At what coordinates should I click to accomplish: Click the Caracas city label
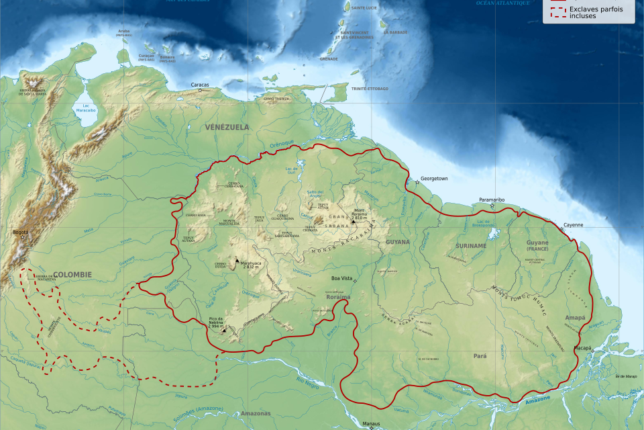(x=200, y=85)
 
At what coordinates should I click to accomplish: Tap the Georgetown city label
(x=434, y=179)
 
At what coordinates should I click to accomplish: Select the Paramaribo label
(x=492, y=200)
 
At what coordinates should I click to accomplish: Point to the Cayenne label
(x=573, y=224)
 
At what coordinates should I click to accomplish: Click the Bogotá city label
(x=20, y=232)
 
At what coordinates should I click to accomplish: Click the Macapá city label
(x=582, y=348)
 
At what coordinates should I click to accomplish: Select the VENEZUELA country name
(x=227, y=127)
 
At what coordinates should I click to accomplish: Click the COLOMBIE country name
(x=72, y=274)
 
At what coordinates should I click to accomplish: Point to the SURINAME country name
(x=470, y=246)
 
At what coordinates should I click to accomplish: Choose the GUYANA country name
(x=398, y=242)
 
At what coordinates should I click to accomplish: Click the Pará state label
(x=480, y=355)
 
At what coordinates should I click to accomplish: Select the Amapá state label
(x=575, y=317)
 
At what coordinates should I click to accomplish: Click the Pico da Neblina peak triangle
(x=224, y=329)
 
